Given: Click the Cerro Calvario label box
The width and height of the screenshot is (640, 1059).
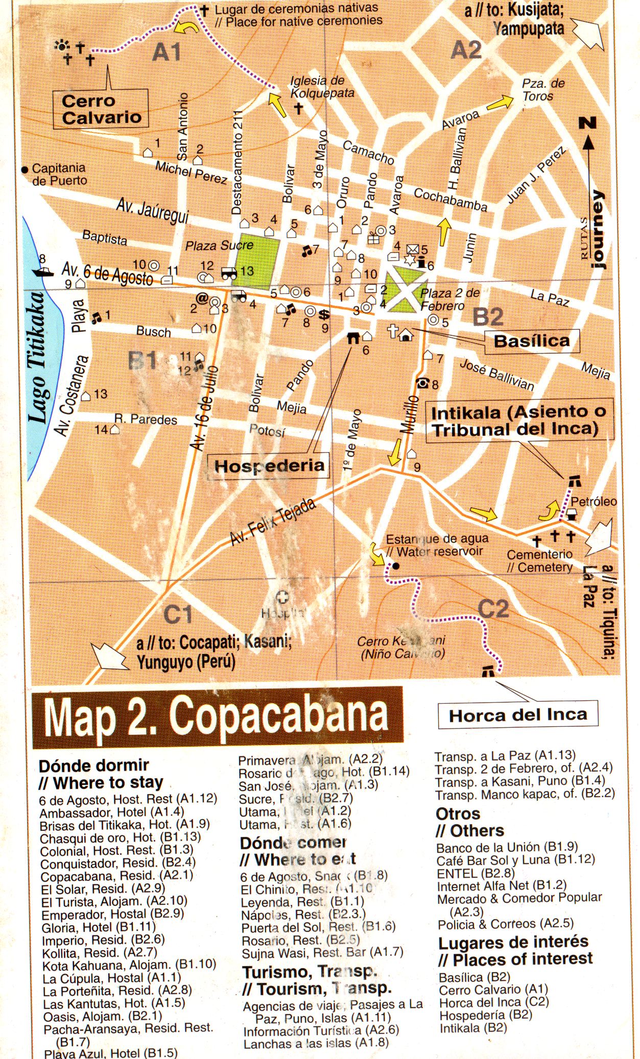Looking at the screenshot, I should coord(101,109).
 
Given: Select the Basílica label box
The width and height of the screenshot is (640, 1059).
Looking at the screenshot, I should coord(531,341).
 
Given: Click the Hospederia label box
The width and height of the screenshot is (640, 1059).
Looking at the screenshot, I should coord(269,465).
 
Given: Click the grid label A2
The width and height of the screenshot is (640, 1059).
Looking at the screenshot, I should coord(466,51).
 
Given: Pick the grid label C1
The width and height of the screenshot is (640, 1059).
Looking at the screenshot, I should coord(178,614).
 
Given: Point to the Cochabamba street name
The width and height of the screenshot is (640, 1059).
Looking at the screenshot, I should coord(450,200).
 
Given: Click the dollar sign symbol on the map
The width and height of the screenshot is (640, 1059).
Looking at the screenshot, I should coord(324,315).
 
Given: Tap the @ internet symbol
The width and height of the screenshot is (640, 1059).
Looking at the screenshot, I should coord(202,299).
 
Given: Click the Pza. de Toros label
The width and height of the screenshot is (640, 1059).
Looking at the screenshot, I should coord(542,89).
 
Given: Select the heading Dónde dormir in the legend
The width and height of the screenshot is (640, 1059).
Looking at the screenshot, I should coord(93,766).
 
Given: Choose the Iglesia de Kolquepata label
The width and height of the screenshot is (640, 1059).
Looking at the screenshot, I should coord(322,87).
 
